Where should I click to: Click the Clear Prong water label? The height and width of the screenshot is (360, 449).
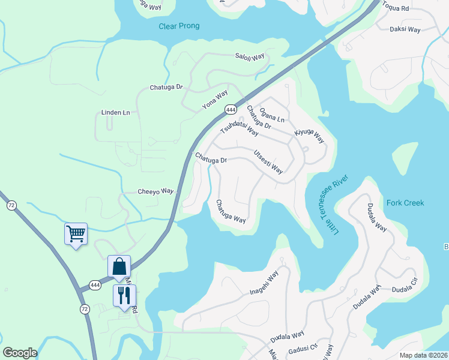(179, 26)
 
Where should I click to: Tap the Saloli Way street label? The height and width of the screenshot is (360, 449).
(250, 57)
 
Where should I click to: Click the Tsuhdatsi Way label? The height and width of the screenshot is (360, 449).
(239, 125)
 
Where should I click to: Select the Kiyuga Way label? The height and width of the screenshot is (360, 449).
(309, 136)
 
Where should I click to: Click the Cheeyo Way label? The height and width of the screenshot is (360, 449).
(155, 191)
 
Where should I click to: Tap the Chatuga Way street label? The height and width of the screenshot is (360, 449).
(231, 211)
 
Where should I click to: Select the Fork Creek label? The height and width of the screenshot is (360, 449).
(405, 203)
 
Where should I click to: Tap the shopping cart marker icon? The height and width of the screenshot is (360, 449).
(76, 233)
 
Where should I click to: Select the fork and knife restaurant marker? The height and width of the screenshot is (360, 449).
(124, 295)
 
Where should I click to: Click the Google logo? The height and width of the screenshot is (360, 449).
(20, 353)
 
